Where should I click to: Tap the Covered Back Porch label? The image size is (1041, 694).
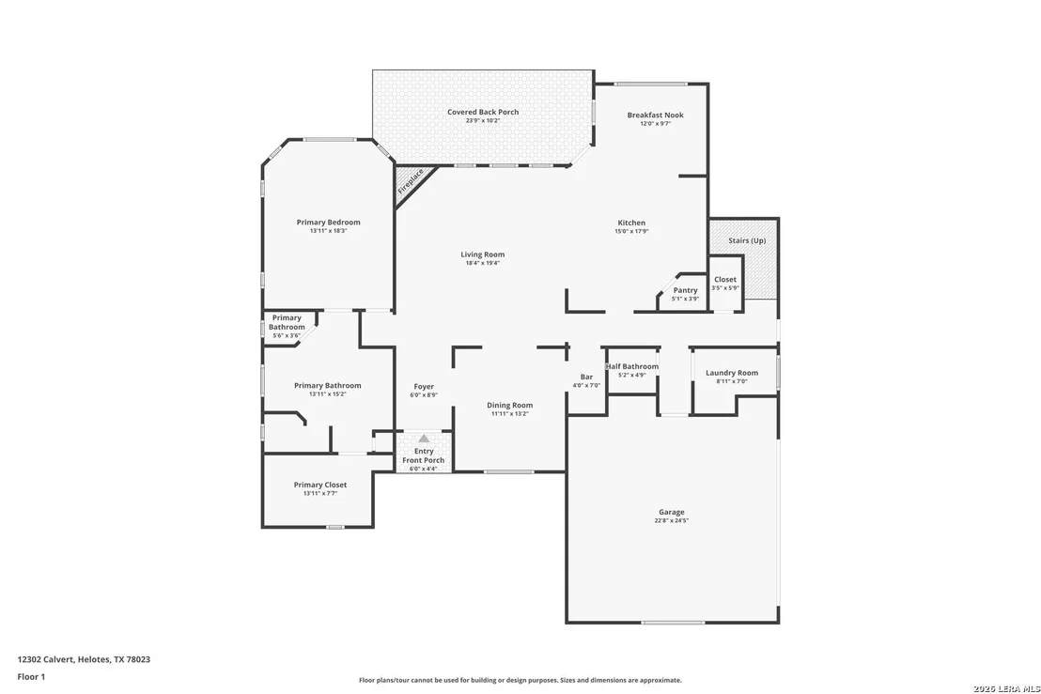(x=483, y=112)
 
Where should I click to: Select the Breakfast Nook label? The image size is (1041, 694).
(x=655, y=115)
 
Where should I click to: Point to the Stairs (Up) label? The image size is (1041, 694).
(x=747, y=240)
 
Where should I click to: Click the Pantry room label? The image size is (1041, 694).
(x=685, y=290)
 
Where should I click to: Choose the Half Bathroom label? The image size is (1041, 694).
(x=632, y=366)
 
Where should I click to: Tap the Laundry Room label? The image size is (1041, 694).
(x=732, y=373)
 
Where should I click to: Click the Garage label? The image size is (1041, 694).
(x=671, y=512)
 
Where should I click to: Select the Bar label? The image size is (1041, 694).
(x=586, y=377)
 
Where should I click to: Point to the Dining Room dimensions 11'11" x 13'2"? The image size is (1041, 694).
(x=510, y=414)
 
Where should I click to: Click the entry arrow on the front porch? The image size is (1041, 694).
(x=424, y=439)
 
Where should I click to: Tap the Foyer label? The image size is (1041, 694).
(x=424, y=386)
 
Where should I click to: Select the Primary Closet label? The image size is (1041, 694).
(x=320, y=485)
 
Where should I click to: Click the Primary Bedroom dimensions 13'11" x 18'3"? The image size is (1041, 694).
(x=328, y=231)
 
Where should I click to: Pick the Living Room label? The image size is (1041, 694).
(x=483, y=254)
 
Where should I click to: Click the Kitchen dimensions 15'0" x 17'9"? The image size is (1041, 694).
(x=631, y=232)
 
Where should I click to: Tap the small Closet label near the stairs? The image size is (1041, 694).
(x=725, y=279)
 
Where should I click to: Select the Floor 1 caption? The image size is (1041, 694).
(x=31, y=677)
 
